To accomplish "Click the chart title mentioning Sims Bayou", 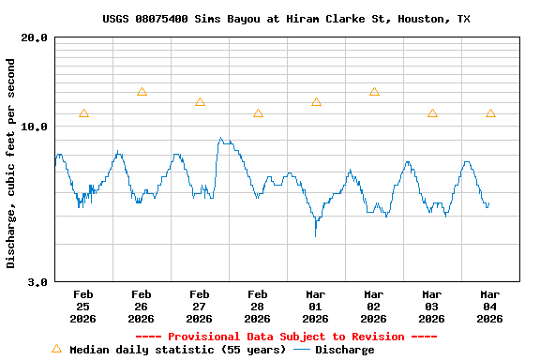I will (286, 19).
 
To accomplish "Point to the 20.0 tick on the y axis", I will (35, 38).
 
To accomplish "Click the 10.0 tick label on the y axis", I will (35, 127).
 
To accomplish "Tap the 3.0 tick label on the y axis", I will (37, 281).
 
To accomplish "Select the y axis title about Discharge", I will (11, 163).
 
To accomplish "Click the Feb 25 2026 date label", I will (82, 306).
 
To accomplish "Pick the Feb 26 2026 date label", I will (141, 306).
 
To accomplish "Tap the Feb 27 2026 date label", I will (199, 306).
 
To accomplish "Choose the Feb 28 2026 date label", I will (257, 306).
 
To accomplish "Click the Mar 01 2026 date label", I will (315, 306).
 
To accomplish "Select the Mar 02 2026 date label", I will (373, 306).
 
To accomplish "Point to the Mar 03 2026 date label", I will (431, 306).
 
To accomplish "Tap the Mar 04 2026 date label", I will (489, 306).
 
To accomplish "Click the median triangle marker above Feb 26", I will (142, 92).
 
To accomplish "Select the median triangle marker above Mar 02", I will (374, 92).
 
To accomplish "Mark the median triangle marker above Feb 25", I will (83, 113).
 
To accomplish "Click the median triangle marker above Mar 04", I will (490, 113).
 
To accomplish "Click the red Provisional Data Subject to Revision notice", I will (286, 337).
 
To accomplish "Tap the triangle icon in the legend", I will (56, 349).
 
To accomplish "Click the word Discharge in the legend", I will (344, 350).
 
